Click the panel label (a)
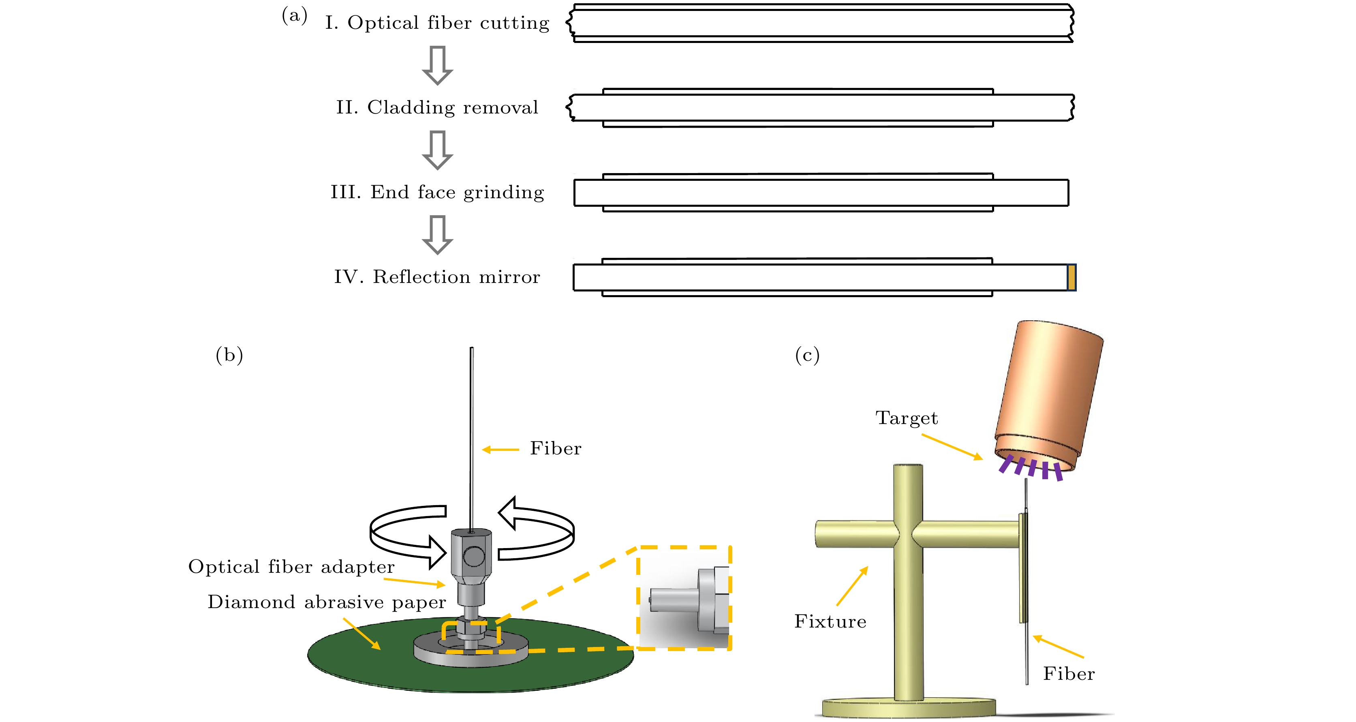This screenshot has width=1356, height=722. pos(294,15)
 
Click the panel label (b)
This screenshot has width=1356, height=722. pos(229,355)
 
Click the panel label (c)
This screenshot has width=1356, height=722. pos(807,355)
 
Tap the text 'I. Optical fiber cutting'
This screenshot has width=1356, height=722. pos(437,23)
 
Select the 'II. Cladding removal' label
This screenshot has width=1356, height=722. pos(437,107)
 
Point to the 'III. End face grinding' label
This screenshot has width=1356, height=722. pos(437,192)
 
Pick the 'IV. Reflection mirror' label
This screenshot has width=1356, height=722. pos(437,277)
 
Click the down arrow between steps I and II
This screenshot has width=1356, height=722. pos(437,65)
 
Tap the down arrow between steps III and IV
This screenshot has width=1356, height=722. pos(437,235)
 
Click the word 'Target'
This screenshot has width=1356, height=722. pos(907,418)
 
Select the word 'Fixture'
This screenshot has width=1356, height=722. pos(830,621)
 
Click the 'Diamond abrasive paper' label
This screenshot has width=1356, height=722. pos(326,602)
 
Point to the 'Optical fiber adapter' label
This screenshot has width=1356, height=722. pos(291,567)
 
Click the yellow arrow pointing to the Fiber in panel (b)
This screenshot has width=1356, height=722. pos(500,449)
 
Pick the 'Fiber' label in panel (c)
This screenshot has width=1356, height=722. pos(1069,674)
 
